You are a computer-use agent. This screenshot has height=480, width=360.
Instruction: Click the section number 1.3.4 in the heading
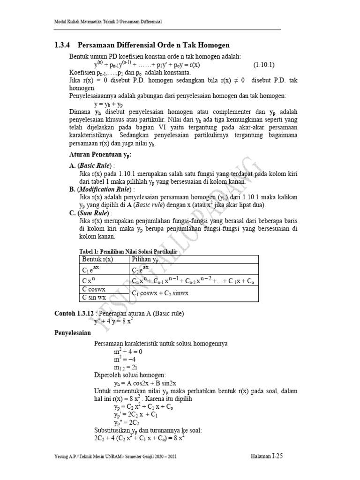click(x=59, y=45)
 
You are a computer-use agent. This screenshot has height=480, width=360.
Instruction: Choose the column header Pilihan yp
click(x=145, y=259)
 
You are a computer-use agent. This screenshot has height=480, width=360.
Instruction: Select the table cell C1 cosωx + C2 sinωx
click(x=160, y=293)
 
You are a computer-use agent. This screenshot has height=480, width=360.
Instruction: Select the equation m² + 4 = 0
click(x=127, y=351)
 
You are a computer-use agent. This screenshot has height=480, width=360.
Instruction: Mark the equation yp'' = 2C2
click(x=125, y=423)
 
